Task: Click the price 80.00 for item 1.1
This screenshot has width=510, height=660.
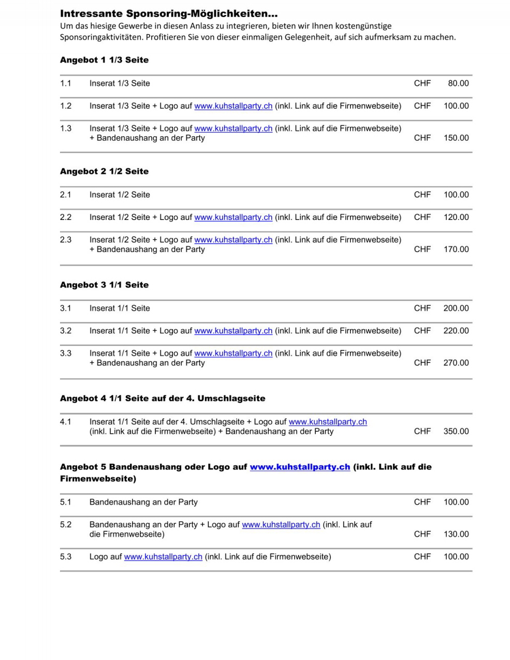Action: [458, 83]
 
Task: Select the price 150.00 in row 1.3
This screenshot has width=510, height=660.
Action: [456, 138]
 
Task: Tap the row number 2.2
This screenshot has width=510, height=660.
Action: [66, 217]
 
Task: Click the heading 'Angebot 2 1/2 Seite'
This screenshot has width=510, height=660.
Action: [104, 171]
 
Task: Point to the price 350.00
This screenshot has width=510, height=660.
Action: [456, 431]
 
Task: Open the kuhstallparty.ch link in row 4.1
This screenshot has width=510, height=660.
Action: [328, 422]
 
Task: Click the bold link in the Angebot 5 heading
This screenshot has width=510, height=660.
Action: [300, 467]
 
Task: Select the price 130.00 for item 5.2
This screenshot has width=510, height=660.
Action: [456, 534]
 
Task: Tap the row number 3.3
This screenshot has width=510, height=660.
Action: [66, 354]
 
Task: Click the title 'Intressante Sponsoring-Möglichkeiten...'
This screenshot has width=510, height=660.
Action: [169, 14]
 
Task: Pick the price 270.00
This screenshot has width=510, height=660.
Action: [456, 363]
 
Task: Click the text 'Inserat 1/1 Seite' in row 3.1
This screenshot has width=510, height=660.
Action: [120, 309]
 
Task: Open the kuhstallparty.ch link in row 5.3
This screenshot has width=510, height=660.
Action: [163, 557]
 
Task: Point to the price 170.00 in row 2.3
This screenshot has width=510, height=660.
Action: [456, 250]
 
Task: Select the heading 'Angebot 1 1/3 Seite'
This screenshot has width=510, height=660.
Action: [104, 60]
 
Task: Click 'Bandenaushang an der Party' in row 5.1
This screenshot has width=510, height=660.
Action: [143, 502]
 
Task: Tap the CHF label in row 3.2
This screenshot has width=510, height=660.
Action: [422, 331]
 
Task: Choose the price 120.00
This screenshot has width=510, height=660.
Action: [456, 217]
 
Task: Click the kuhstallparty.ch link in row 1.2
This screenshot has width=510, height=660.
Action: [233, 106]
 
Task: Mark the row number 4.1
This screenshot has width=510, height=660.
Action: [66, 422]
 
